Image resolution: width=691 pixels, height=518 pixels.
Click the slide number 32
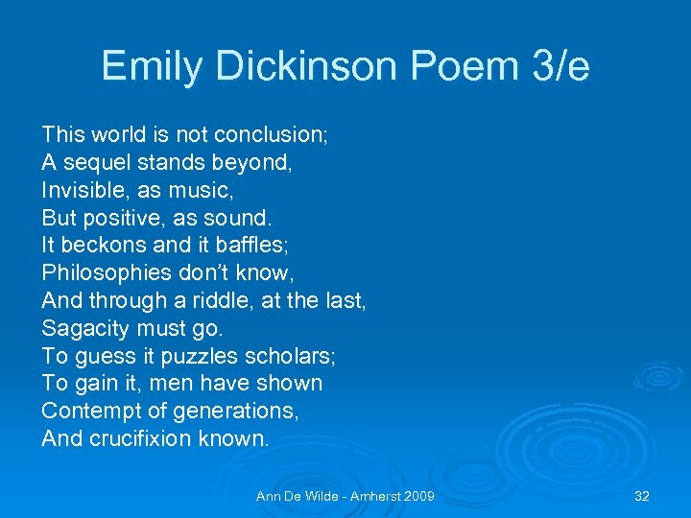(x=642, y=496)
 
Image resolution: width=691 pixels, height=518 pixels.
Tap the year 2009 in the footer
(x=416, y=496)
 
